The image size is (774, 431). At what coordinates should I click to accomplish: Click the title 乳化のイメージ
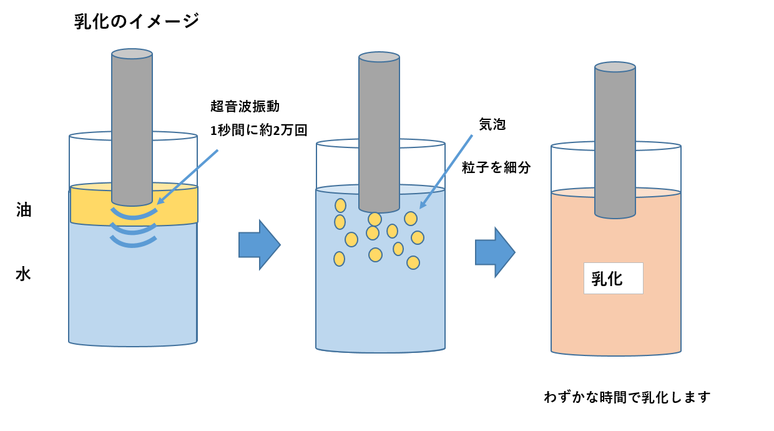[x=137, y=21]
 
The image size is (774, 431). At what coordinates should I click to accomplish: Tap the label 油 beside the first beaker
[x=24, y=211]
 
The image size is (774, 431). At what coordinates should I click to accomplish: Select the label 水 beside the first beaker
[x=23, y=274]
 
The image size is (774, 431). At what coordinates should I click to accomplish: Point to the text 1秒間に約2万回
[x=259, y=130]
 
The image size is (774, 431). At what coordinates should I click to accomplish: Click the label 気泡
[x=492, y=124]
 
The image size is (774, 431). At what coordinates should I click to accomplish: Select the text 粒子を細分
[x=496, y=167]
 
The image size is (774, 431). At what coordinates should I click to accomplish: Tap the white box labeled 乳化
[x=613, y=278]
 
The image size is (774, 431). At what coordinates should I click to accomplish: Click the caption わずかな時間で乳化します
[x=627, y=397]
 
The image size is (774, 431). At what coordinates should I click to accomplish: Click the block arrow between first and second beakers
[x=259, y=245]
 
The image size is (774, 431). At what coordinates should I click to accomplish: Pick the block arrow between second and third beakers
[x=495, y=252]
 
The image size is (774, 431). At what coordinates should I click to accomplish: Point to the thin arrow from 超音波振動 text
[x=187, y=177]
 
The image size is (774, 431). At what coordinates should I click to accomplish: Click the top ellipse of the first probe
[x=132, y=54]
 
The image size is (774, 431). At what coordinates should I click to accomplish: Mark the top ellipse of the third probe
[x=615, y=67]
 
